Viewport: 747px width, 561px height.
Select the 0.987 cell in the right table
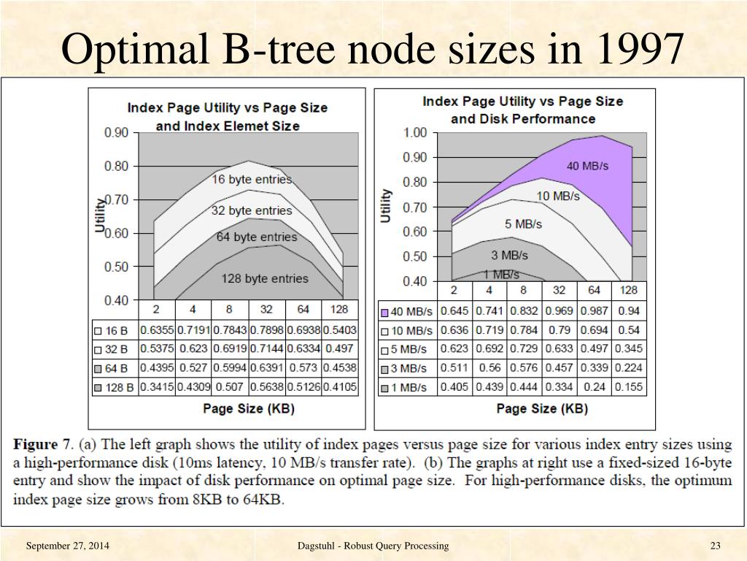pos(595,311)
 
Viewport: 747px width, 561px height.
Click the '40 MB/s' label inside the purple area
pos(587,166)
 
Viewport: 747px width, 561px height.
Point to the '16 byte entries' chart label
pos(252,179)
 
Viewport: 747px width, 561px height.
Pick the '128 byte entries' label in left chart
pos(265,278)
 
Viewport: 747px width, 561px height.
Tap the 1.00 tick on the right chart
pos(414,132)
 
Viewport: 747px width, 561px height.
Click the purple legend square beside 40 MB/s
pos(384,312)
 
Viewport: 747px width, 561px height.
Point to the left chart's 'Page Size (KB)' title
pos(249,408)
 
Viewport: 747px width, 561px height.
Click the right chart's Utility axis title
pos(386,205)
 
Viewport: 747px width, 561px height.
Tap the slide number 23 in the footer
pos(715,546)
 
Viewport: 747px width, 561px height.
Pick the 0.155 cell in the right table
pos(628,387)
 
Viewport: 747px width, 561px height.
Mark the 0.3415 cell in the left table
pos(157,387)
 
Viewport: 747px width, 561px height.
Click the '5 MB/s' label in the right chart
pos(524,224)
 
